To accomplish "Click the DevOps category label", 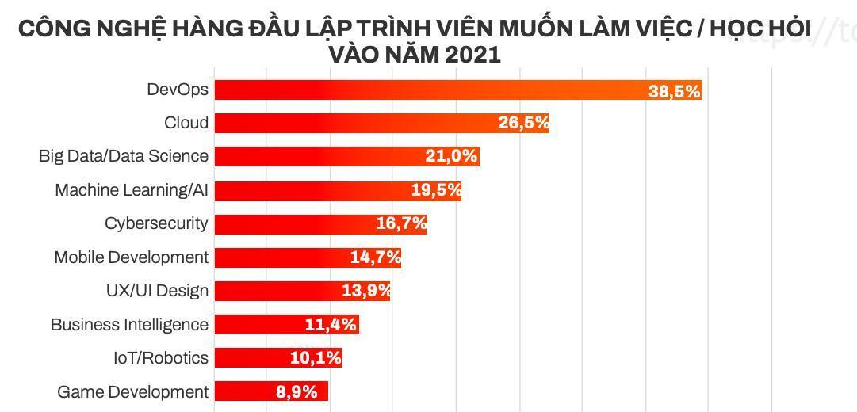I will pos(178,90).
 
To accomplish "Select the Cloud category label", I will pos(186,123).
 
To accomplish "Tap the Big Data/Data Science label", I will pos(124,156).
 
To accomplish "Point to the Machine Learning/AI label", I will pos(132,190).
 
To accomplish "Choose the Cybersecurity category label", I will pos(156,223).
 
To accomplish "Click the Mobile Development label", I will pos(132,257).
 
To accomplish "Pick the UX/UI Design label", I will pos(157,291).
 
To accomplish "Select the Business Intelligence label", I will pos(129,325).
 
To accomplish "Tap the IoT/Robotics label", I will pos(161,358).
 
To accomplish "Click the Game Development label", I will pos(132,392).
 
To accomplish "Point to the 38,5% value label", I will pos(674,91).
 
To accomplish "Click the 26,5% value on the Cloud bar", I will pos(523,124).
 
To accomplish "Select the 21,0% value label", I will pos(451,157).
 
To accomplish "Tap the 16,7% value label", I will pos(401,224).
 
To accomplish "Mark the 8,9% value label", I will pos(297,392).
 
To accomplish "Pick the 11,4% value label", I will pos(331,325).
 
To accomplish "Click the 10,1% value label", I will pos(316,358).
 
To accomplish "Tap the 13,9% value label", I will pos(366,292).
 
